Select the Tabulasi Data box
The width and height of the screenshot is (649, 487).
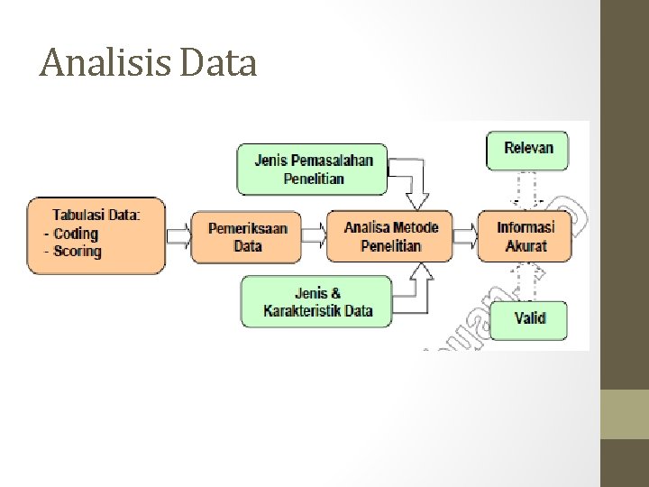coord(96,234)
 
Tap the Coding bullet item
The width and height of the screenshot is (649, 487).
coord(76,234)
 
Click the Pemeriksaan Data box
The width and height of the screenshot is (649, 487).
coord(248,236)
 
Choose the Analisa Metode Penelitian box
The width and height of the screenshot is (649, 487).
coord(390,236)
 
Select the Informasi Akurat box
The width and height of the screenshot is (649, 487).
coord(526,236)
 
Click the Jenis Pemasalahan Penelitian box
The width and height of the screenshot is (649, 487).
coord(313,170)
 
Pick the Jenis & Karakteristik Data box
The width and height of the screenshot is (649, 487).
coord(317,301)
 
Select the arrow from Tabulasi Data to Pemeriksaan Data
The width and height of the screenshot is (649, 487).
coord(178,236)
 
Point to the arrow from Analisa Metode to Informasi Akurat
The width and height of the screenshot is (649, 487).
coord(464,236)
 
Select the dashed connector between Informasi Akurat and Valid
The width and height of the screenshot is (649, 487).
coord(527,280)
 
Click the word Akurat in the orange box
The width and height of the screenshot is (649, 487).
coord(526,245)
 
